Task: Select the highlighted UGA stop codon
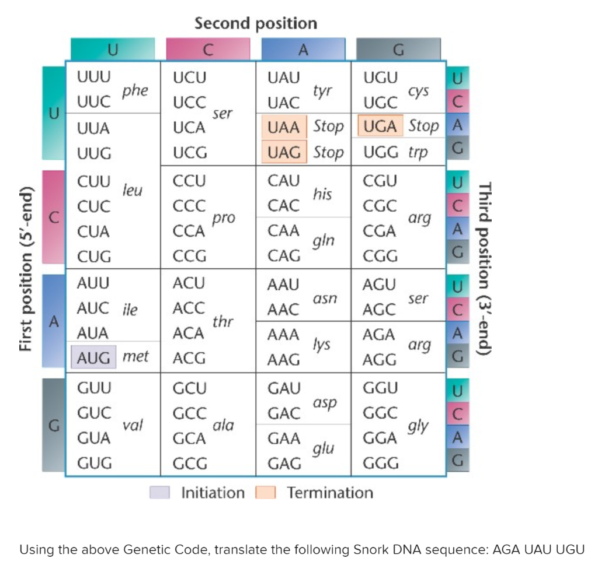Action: [380, 127]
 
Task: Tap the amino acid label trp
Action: [418, 153]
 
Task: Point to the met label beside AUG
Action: [135, 356]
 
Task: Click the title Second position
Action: [256, 23]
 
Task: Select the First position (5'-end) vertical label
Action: [26, 269]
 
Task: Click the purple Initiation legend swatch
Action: [159, 493]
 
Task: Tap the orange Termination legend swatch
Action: [266, 493]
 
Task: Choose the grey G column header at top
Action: [398, 50]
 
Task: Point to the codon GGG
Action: [381, 464]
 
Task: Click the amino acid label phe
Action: [135, 91]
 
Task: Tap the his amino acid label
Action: [322, 194]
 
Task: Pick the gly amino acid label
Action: [418, 426]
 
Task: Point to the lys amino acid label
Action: [321, 345]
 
